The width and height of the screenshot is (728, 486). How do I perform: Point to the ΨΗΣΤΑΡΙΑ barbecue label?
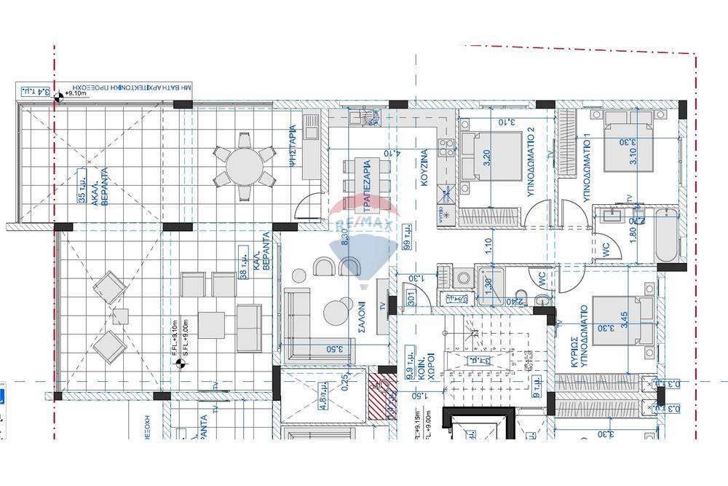click(x=293, y=146)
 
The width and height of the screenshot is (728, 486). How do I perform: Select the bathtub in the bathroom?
click(x=666, y=234)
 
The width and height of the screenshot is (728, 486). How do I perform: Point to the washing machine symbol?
click(x=460, y=278)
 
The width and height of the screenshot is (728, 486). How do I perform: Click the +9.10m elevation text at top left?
click(x=76, y=93)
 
